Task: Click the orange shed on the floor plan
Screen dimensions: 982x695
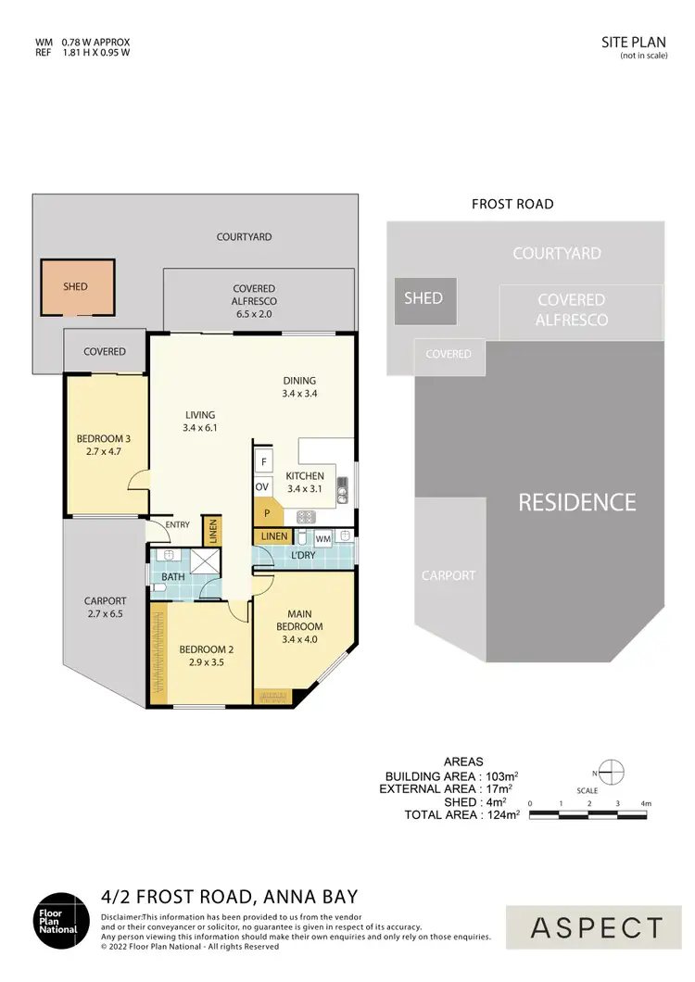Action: click(x=76, y=287)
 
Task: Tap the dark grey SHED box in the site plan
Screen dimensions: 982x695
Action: click(x=423, y=300)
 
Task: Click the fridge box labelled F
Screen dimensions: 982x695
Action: click(x=263, y=461)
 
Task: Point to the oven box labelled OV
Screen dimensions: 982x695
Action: click(x=263, y=486)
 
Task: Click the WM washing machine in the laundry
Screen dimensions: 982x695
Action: click(x=323, y=537)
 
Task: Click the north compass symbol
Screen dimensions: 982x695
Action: click(x=612, y=772)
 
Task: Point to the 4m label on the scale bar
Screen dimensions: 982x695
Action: click(x=647, y=803)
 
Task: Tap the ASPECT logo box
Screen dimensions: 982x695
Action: click(x=598, y=927)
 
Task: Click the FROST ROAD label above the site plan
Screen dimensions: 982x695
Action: click(x=512, y=205)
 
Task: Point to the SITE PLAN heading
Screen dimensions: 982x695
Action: click(x=634, y=42)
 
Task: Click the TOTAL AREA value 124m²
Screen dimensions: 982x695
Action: click(x=501, y=815)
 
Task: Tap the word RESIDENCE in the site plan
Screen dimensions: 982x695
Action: click(x=576, y=502)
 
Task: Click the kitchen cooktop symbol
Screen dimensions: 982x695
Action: click(x=306, y=517)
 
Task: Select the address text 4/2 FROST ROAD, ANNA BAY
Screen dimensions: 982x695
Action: click(x=229, y=897)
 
